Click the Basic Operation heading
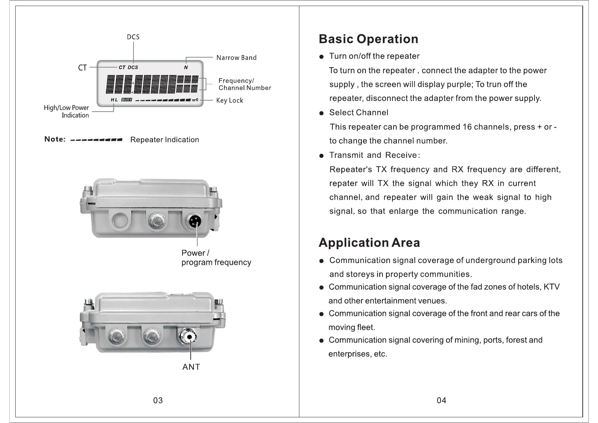click(368, 39)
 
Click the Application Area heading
click(369, 243)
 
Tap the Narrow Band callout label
click(236, 58)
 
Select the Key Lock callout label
click(229, 100)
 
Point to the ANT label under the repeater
click(191, 367)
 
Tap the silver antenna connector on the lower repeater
click(189, 337)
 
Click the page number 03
click(158, 400)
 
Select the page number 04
click(441, 400)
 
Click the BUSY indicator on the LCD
click(126, 100)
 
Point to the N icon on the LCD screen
click(186, 67)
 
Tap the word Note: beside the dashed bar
click(55, 139)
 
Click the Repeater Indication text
click(164, 140)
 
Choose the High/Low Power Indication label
click(67, 111)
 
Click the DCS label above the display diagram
click(133, 37)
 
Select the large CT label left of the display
click(82, 68)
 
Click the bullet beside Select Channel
click(321, 113)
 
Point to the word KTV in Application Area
click(551, 287)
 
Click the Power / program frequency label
click(216, 258)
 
